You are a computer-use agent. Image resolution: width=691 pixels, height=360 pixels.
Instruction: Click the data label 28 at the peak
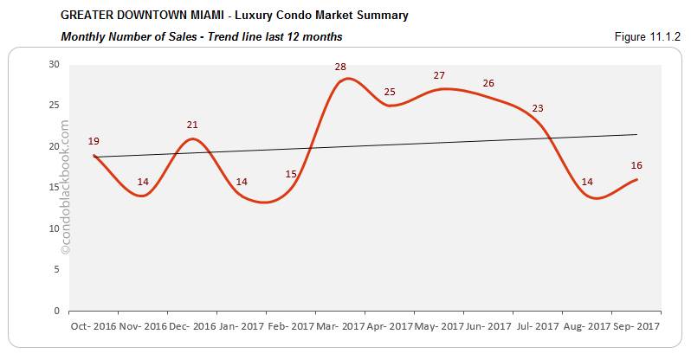tap(340, 67)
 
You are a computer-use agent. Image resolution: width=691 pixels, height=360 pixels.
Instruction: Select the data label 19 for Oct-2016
tap(94, 141)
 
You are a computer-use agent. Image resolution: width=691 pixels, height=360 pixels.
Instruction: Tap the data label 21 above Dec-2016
tap(192, 125)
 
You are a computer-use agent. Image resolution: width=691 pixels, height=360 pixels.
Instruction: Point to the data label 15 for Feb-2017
tap(291, 174)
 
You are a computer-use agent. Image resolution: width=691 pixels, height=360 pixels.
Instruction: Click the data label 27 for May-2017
tap(439, 75)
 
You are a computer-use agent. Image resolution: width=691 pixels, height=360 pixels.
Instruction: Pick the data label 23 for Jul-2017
tap(538, 108)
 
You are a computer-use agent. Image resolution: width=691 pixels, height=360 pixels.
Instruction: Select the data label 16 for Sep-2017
tap(636, 165)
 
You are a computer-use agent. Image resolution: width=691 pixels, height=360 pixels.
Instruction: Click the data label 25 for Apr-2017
tap(390, 92)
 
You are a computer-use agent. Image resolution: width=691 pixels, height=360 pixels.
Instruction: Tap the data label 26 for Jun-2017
tap(488, 83)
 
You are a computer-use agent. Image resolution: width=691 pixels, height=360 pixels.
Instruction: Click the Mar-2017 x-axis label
tap(340, 328)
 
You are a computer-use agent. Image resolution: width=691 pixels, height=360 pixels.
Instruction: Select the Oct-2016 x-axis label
tap(94, 328)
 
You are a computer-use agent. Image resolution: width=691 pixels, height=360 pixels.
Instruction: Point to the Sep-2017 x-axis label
tap(636, 328)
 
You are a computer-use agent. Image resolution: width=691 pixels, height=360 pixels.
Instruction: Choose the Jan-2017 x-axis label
tap(242, 328)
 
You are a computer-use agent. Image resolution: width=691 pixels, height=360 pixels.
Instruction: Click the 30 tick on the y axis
tap(54, 64)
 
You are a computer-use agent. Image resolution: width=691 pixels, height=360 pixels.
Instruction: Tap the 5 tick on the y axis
tap(56, 269)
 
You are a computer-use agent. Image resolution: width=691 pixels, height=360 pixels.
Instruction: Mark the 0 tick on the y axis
tap(56, 311)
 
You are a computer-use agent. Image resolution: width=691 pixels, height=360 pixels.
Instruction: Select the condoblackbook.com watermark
tap(65, 187)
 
